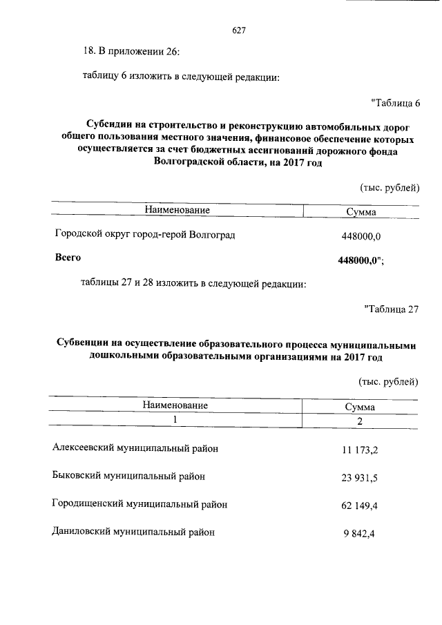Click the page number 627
point(239,30)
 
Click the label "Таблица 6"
point(395,104)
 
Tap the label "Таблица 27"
point(391,309)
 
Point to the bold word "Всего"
point(68,258)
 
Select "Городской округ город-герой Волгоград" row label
point(145,235)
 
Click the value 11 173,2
point(360,450)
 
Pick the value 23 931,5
point(360,478)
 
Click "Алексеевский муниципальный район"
point(135,448)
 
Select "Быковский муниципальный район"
point(128,476)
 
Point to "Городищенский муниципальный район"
point(140,504)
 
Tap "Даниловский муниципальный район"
point(133,532)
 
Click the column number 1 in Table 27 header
point(175,419)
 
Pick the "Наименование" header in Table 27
point(175,405)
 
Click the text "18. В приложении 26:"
point(131,50)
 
